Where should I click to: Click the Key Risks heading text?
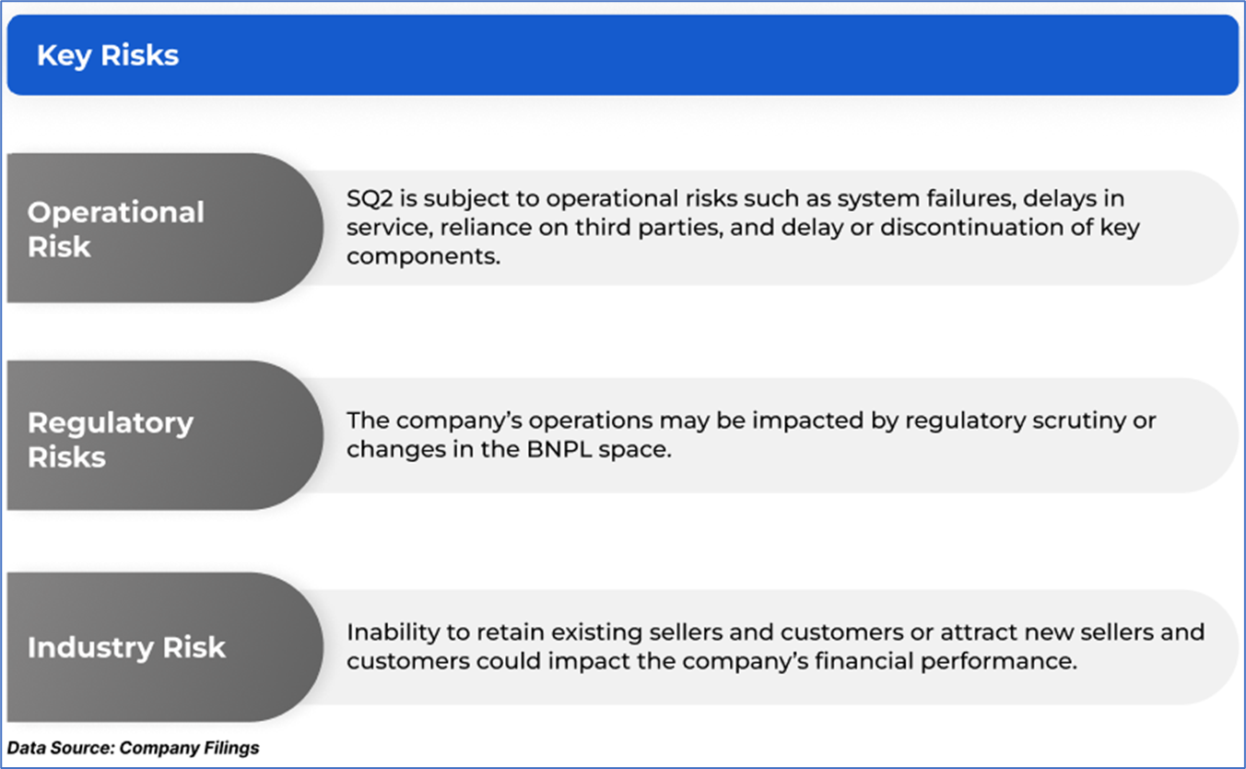pyautogui.click(x=108, y=55)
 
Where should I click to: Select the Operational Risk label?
pyautogui.click(x=116, y=229)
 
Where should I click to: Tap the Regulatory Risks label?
pyautogui.click(x=111, y=439)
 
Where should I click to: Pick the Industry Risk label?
pyautogui.click(x=126, y=647)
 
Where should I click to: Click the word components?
pyautogui.click(x=423, y=256)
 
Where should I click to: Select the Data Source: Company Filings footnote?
pyautogui.click(x=133, y=748)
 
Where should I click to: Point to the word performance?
pyautogui.click(x=999, y=662)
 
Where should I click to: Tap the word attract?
pyautogui.click(x=979, y=633)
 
